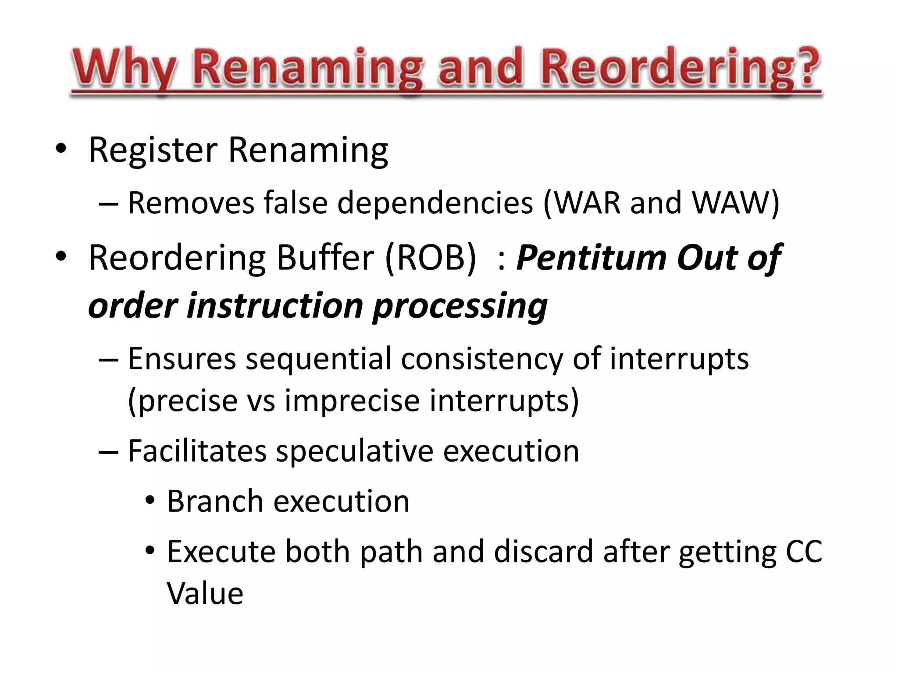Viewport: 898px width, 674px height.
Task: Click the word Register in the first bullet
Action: point(153,150)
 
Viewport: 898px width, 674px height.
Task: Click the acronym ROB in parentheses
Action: point(430,258)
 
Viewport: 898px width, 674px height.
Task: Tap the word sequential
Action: point(318,359)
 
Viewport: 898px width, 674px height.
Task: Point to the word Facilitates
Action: point(197,451)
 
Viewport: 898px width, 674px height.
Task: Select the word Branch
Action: point(215,501)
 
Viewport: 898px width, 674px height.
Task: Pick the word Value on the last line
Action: point(205,593)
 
